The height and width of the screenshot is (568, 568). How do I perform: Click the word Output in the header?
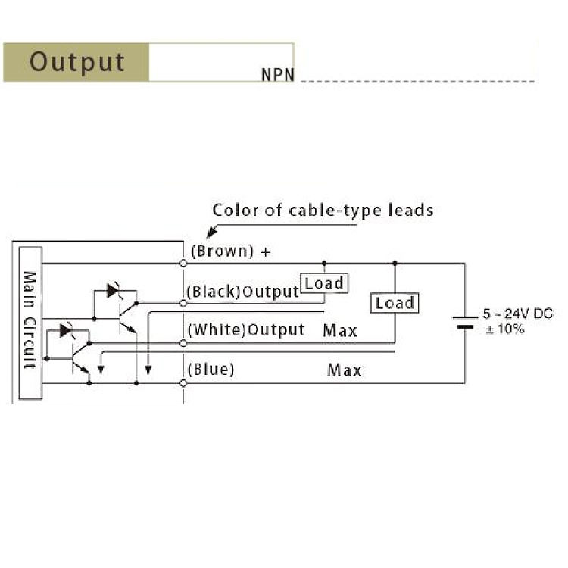(76, 61)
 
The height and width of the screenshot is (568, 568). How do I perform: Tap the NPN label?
(277, 76)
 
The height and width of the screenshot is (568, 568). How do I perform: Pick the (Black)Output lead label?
(242, 292)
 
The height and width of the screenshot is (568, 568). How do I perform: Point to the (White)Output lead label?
(245, 330)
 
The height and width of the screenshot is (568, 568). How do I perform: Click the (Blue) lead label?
(211, 370)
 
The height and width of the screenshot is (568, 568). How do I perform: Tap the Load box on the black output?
(323, 283)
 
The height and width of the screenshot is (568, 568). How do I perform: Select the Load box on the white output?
(395, 303)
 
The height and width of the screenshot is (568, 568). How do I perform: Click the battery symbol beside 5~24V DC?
(465, 323)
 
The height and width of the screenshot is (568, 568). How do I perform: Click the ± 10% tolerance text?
(505, 329)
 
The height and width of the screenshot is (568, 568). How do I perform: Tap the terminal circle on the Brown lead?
(183, 264)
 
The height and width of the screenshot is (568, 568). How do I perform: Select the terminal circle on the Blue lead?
(183, 383)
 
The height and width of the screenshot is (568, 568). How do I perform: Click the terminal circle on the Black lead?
(183, 303)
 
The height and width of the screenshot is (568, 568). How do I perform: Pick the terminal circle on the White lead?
(183, 343)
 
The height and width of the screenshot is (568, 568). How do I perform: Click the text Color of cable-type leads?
(323, 210)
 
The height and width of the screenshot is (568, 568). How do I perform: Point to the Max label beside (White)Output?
(340, 331)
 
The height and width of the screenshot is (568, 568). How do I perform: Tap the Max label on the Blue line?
(345, 370)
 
